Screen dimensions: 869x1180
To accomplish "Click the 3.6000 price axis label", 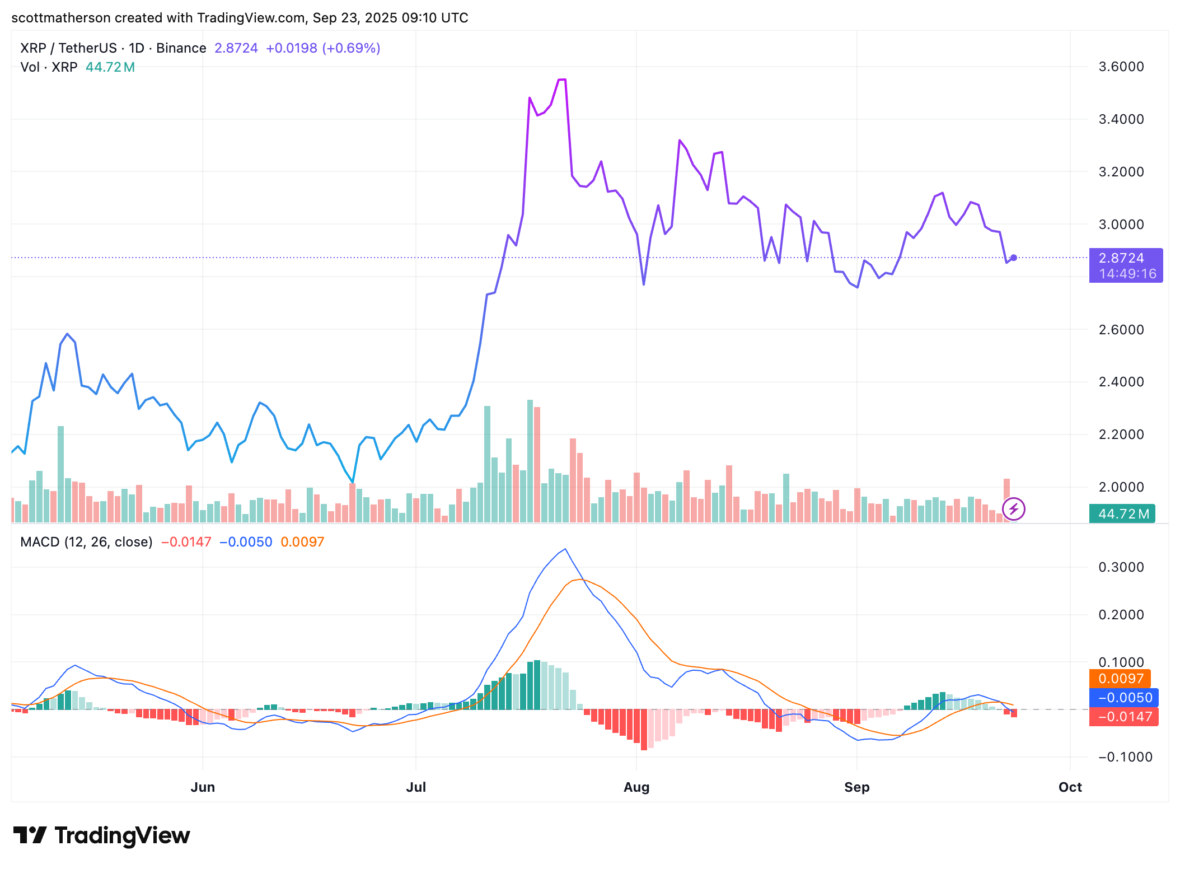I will tap(1121, 67).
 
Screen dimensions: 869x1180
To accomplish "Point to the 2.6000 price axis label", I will tap(1121, 329).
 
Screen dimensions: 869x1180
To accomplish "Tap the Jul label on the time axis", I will tap(416, 787).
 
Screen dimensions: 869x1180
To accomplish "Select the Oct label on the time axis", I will tap(1070, 787).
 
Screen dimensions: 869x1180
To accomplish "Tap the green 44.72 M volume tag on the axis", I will tap(1122, 513).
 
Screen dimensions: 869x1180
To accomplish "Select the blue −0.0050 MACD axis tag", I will tap(1124, 698).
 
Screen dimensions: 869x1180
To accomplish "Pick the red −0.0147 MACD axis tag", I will tap(1124, 717).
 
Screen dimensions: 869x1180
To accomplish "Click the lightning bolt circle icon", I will tap(1013, 509).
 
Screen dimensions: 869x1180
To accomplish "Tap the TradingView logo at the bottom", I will tap(101, 835).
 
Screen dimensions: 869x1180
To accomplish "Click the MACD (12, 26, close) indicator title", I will tap(86, 542).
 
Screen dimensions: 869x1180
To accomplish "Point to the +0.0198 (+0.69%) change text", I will tap(323, 48).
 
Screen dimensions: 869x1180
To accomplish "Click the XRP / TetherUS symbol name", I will tap(68, 48).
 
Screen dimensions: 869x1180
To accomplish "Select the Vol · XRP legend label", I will tap(49, 67).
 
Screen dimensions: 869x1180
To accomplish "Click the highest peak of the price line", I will tap(562, 80).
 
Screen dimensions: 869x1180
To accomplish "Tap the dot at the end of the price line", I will tap(1013, 258).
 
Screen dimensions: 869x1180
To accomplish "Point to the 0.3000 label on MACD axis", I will tap(1121, 567).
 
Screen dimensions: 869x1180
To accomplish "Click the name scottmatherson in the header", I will tap(60, 18).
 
